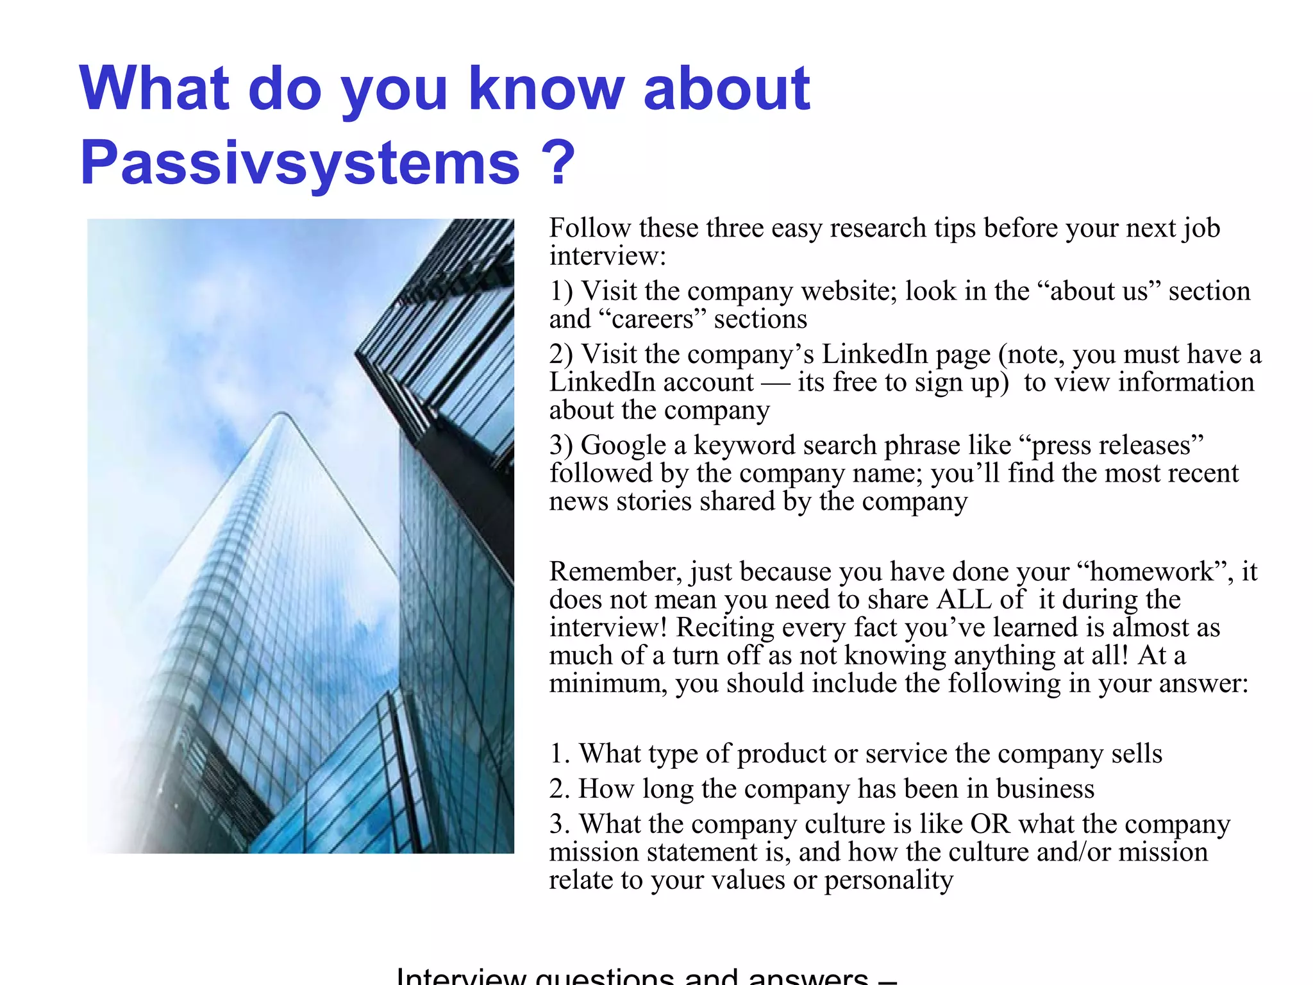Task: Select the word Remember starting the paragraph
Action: (615, 571)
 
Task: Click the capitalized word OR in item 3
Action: (991, 824)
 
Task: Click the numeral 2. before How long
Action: (560, 789)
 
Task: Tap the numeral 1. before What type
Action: (560, 753)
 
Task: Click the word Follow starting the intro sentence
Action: (590, 228)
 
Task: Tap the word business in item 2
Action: (1045, 789)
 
